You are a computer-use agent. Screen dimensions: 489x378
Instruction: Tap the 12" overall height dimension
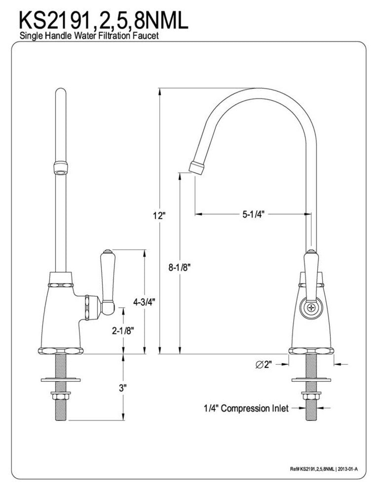point(158,215)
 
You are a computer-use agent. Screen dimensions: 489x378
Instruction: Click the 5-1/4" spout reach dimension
point(254,214)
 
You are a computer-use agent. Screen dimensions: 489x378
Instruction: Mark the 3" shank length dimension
point(123,388)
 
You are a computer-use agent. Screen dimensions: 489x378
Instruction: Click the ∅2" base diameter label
point(265,365)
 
